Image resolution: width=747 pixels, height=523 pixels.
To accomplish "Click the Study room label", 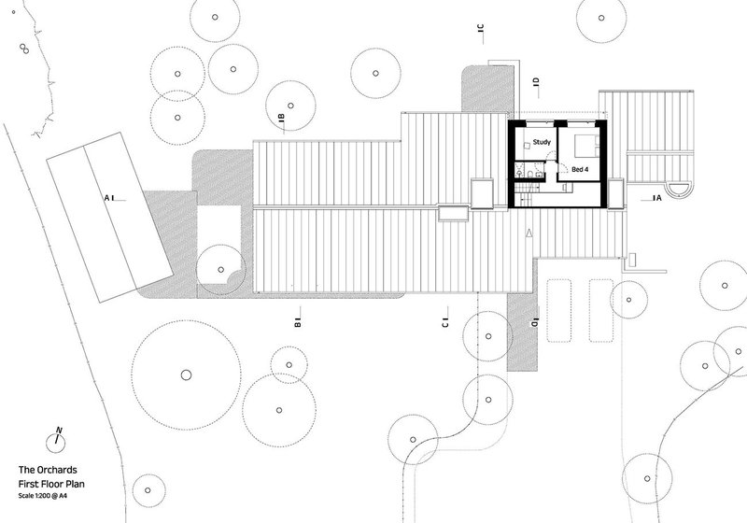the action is coord(542,142).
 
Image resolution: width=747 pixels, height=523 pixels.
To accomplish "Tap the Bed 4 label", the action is coord(580,169).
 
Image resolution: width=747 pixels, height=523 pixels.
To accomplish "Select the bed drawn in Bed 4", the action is coord(587,146).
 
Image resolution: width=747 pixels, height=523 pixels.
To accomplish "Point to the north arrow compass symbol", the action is coord(56,442).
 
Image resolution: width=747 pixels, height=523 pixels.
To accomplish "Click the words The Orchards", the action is coord(48,470).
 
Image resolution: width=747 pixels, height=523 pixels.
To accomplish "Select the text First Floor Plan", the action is coord(51,484).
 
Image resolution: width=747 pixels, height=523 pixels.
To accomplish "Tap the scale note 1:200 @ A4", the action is coord(42,496).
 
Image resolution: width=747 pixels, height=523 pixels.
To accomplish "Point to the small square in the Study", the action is coord(528,146).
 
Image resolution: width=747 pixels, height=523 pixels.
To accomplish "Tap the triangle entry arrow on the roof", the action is coord(529,233).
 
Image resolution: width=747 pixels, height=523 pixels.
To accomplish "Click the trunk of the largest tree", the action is coord(186,375).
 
